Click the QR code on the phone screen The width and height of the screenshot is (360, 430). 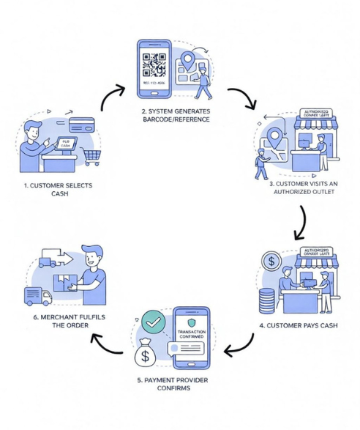154,64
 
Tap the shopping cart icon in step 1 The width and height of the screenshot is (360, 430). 92,156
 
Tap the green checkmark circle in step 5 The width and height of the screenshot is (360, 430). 154,320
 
